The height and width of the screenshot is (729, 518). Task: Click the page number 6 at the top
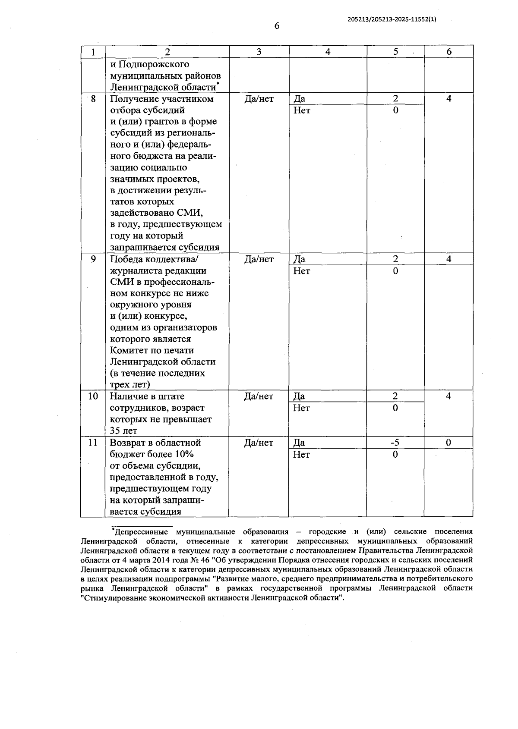coord(277,26)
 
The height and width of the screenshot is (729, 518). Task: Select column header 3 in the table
coord(259,52)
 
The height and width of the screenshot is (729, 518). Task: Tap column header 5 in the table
coord(395,52)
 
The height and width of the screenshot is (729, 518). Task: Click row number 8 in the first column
coord(93,99)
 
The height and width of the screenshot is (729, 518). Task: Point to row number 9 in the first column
coord(93,259)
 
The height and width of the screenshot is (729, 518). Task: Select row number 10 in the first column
coord(93,396)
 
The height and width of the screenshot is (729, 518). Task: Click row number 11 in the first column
coord(93,443)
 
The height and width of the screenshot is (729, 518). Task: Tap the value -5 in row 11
coord(395,443)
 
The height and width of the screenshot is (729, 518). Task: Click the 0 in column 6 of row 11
coord(449,443)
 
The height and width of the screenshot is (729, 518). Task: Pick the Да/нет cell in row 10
coord(259,396)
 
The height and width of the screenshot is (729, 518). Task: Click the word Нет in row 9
coord(301,271)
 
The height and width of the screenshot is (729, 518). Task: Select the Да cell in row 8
coord(299,99)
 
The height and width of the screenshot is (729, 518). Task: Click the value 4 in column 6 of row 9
coord(449,259)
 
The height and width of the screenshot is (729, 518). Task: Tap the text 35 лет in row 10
coord(123,430)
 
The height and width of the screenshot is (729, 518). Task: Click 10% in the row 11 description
coord(184,454)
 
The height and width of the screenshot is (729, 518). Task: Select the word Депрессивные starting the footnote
coord(142,531)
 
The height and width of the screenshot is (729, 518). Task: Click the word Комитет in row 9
coord(128,350)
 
